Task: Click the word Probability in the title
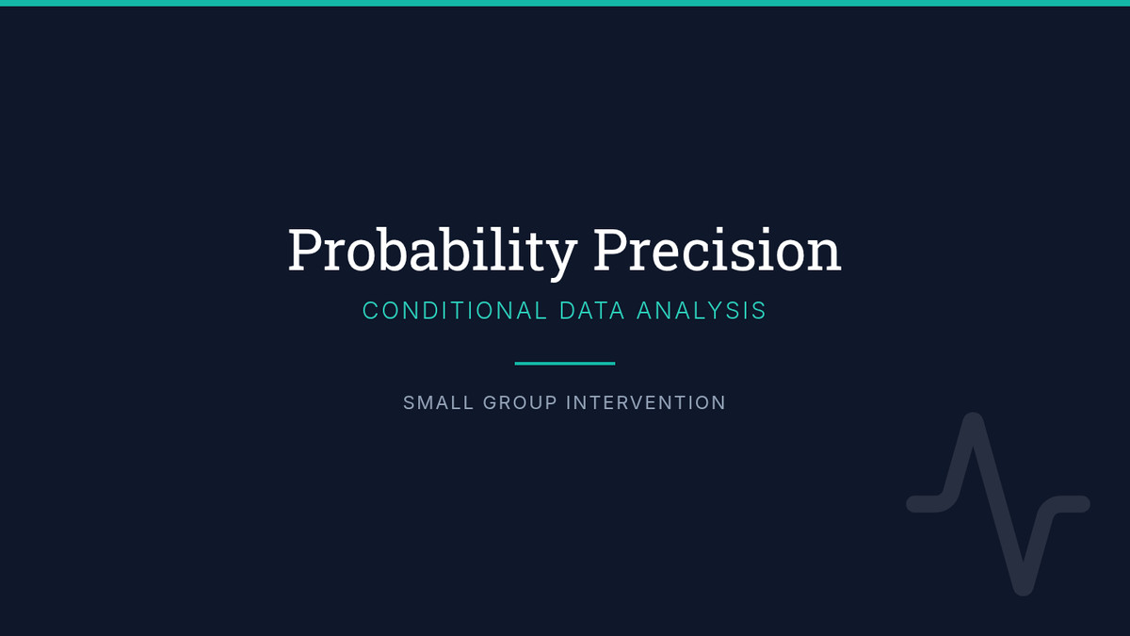pos(432,252)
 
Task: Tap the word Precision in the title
pos(718,250)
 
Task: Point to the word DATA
pos(592,310)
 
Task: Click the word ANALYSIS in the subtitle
pos(702,310)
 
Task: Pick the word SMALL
pos(439,403)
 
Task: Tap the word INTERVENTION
pos(646,403)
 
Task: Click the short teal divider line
pos(565,364)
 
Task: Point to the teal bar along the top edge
pos(565,3)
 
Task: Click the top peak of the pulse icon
pos(973,421)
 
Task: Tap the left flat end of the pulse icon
pos(915,504)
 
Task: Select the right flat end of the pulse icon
pos(1082,504)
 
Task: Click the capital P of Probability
pos(305,250)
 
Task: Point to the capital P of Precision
pos(611,250)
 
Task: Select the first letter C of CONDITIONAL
pos(370,310)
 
